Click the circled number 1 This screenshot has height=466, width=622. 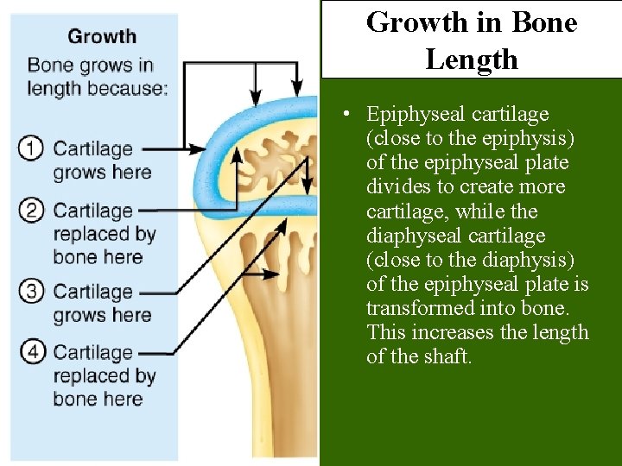coord(31,149)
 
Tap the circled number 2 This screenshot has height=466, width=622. coord(31,211)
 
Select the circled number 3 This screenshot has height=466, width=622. coord(31,292)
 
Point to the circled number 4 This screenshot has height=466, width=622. coord(31,352)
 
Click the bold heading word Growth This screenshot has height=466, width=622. coord(102,36)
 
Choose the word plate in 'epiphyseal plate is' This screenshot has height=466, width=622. coord(546,284)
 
